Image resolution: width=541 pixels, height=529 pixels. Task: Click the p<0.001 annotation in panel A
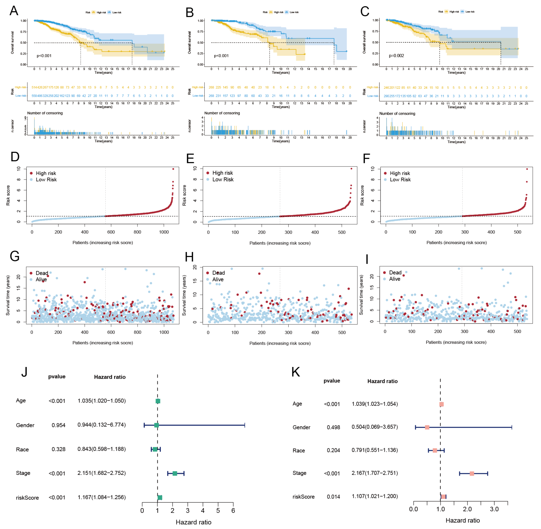click(x=44, y=56)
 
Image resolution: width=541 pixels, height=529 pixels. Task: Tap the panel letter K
click(x=296, y=372)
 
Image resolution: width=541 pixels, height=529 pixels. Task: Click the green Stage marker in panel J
click(x=175, y=473)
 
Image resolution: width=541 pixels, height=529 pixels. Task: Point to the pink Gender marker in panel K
click(x=427, y=427)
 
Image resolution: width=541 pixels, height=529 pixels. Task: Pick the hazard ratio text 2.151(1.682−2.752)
click(x=102, y=473)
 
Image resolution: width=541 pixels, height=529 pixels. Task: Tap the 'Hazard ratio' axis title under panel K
click(x=463, y=520)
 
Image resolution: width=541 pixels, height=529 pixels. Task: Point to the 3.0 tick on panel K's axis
click(x=494, y=509)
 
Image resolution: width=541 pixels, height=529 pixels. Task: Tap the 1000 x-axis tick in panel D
click(x=164, y=232)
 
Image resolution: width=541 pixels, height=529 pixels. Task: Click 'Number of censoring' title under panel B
click(x=222, y=113)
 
